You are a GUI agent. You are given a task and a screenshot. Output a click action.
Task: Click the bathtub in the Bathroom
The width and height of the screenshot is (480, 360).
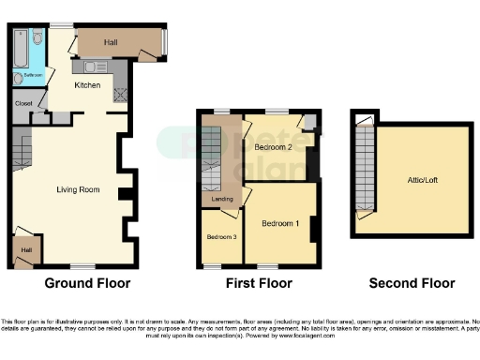pos(21,52)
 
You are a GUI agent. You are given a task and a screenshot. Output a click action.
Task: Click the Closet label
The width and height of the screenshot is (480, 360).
pos(22,103)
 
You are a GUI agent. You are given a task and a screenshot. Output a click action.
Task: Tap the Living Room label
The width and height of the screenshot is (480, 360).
pos(77,189)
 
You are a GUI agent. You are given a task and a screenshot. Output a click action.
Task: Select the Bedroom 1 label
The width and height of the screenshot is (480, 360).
pos(280,223)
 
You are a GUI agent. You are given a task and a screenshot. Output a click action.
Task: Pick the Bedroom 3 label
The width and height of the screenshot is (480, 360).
pos(220,236)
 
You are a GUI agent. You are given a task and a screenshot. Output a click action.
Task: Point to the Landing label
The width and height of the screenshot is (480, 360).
pos(221,198)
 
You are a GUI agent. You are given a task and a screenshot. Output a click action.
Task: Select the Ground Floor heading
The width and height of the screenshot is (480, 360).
pos(87,282)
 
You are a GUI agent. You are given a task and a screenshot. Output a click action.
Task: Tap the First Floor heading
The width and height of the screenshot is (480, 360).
pos(260,282)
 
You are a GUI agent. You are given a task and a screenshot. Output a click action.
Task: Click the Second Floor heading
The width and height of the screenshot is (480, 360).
pos(412,282)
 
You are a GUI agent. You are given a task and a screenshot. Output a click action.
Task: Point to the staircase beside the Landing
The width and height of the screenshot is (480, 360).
pos(211,159)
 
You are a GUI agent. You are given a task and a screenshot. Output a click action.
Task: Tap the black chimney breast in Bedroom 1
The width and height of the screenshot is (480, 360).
pos(314,227)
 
